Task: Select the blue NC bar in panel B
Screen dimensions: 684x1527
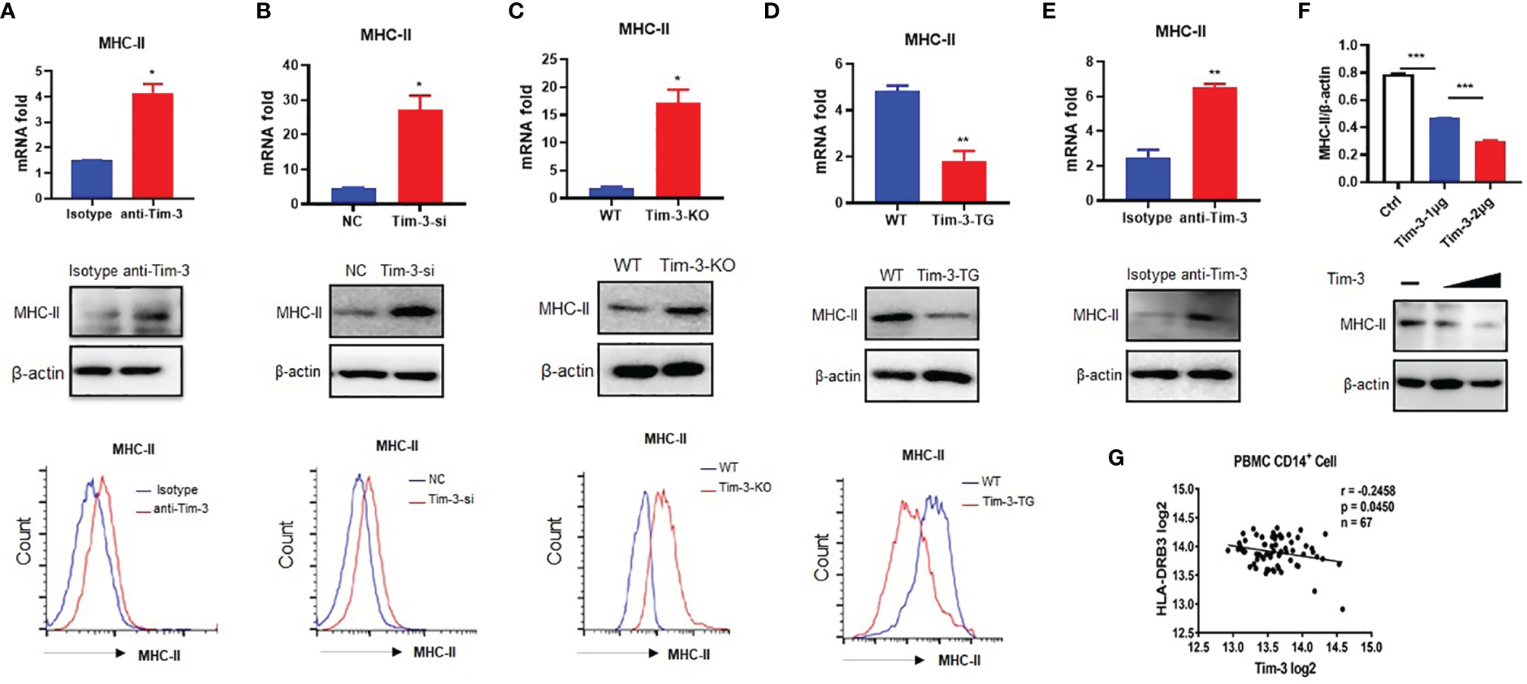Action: (x=353, y=196)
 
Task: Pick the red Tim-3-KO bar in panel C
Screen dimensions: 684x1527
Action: (x=678, y=151)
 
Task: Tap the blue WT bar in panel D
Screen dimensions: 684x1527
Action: (x=897, y=147)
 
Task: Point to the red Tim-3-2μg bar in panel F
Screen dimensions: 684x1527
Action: (x=1490, y=161)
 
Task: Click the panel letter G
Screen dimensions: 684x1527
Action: (x=1116, y=458)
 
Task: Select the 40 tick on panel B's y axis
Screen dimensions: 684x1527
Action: (x=290, y=65)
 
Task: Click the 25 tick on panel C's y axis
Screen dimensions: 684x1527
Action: (x=548, y=59)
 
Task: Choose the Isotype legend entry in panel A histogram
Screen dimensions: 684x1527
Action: (x=176, y=490)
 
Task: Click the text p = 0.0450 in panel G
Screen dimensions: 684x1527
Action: (x=1367, y=507)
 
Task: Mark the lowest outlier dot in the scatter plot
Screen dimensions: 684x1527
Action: (x=1342, y=609)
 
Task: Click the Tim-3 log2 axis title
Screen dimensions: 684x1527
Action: (x=1284, y=669)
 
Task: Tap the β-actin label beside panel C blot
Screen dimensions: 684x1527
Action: (x=567, y=371)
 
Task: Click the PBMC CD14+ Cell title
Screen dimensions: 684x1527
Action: (x=1284, y=461)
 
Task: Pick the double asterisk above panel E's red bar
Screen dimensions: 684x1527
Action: (x=1214, y=73)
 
